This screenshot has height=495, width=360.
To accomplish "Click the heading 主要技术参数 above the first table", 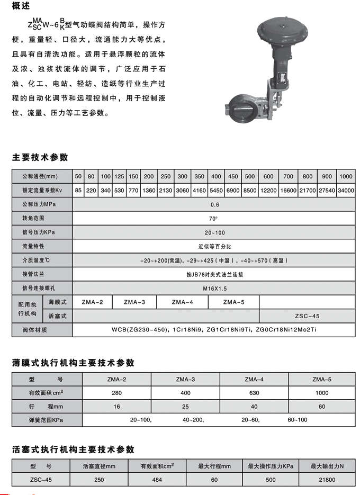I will pos(40,157).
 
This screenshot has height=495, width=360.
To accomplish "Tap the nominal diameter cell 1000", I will pos(345,176).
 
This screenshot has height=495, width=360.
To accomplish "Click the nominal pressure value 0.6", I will pos(214,204).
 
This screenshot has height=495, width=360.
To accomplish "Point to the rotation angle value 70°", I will pos(214,218).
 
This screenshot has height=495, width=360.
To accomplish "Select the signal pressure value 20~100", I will pos(214,232).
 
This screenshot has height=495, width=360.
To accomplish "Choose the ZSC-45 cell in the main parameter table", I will pos(307,316).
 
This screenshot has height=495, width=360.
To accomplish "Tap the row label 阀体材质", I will pos(34,330).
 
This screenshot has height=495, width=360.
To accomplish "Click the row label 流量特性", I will pos(33,246).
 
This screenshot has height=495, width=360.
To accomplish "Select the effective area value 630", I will pos(254,393).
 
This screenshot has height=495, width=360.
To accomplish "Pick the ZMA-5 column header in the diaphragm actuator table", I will pos(321,379).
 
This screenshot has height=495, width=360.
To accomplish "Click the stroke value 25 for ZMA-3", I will pos(185,407).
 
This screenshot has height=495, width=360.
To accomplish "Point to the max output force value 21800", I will pos(327,480).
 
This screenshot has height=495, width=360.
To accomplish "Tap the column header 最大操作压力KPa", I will pos(271,466).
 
